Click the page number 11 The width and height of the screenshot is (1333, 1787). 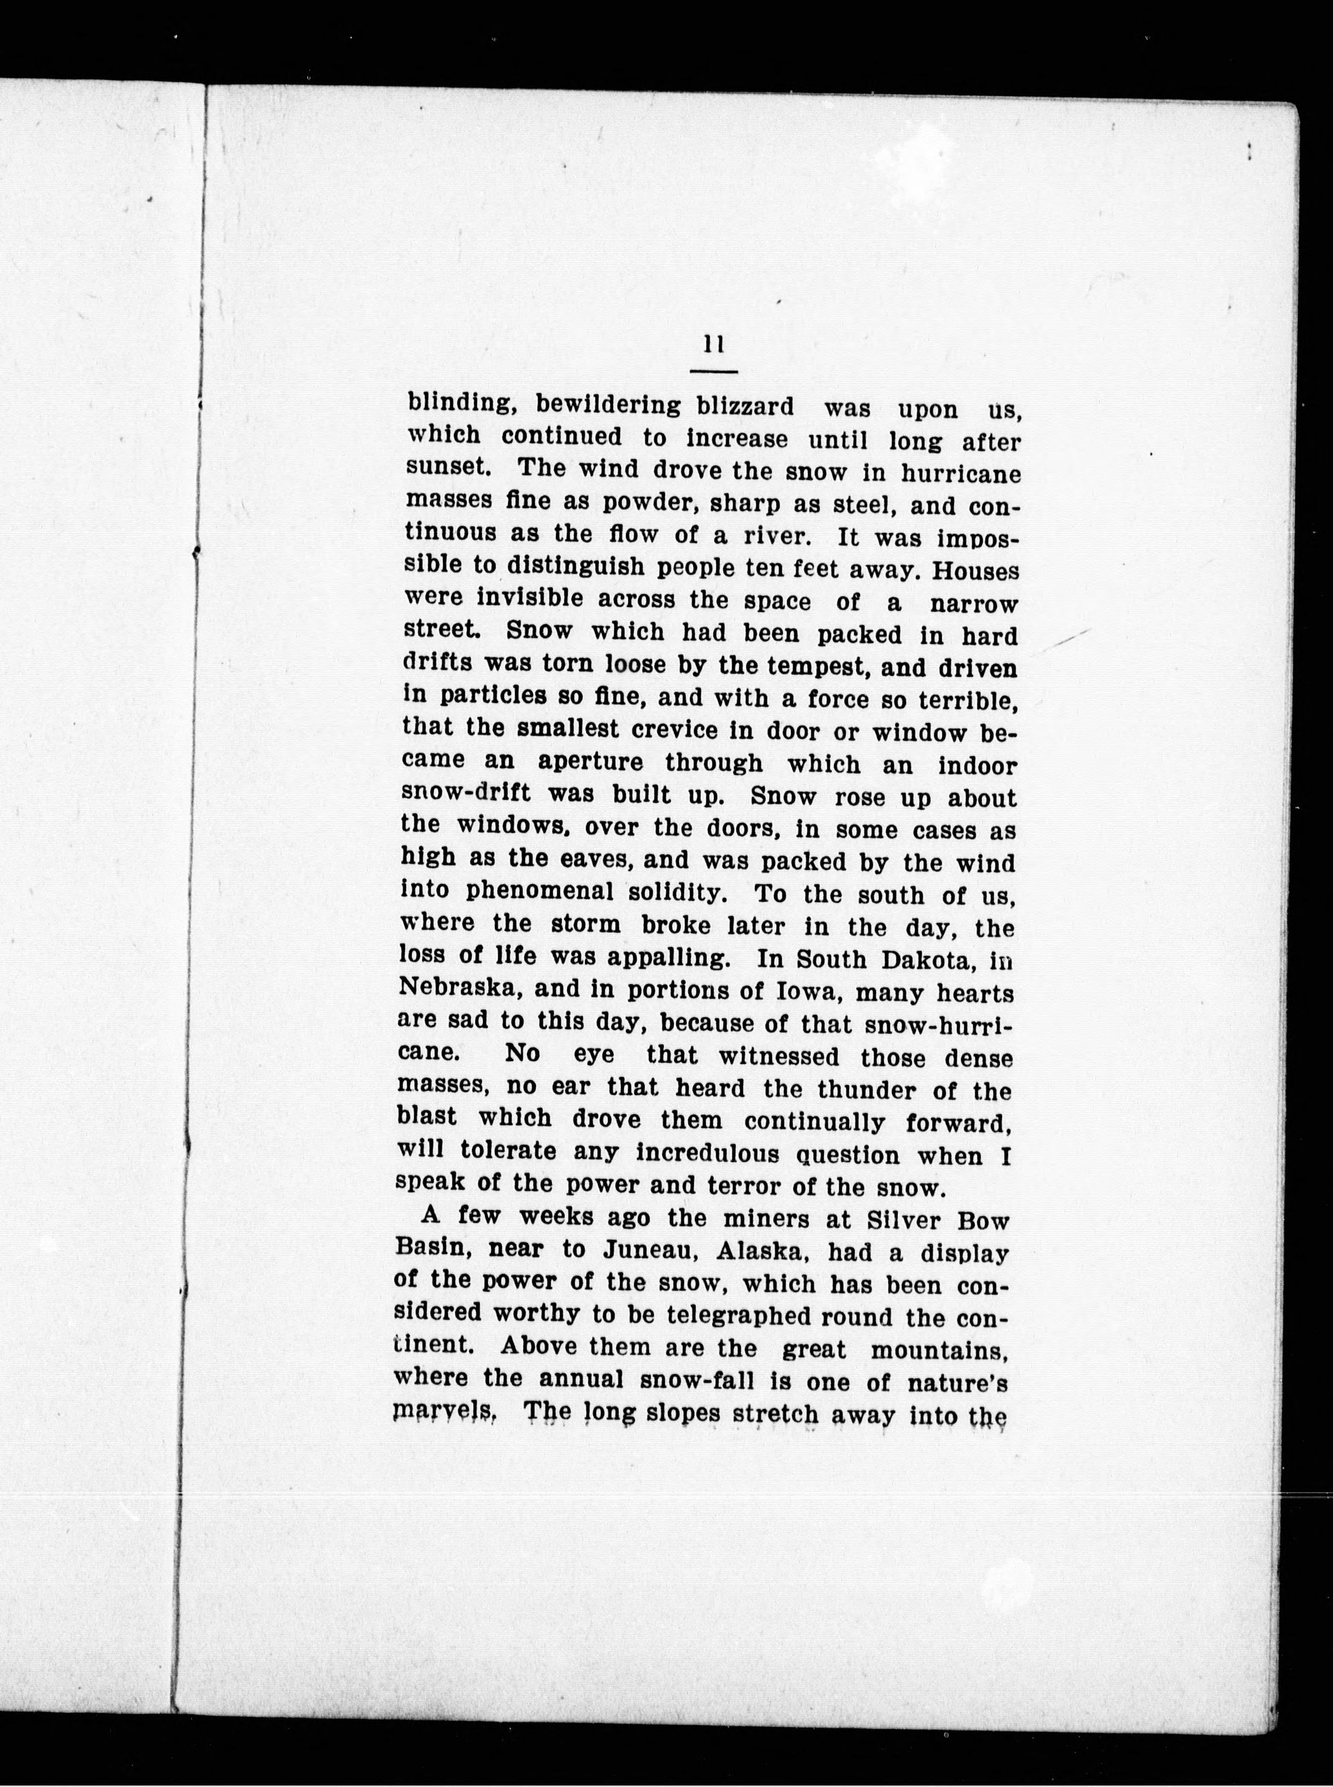tap(713, 345)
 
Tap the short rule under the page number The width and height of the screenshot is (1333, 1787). tap(714, 372)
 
